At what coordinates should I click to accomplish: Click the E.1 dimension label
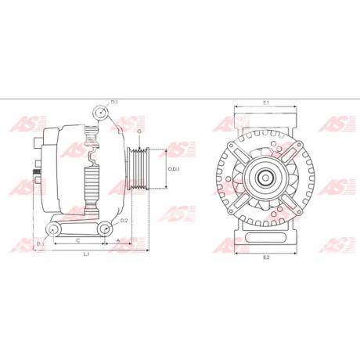(x=265, y=103)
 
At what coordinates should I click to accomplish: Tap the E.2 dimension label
(x=265, y=257)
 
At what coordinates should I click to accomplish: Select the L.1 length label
(x=86, y=254)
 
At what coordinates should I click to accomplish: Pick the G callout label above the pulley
(x=139, y=131)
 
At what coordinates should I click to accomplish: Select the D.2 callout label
(x=124, y=221)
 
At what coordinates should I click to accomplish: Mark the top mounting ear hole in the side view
(x=99, y=114)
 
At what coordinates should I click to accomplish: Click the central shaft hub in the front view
(x=265, y=177)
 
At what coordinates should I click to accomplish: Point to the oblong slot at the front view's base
(x=265, y=234)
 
